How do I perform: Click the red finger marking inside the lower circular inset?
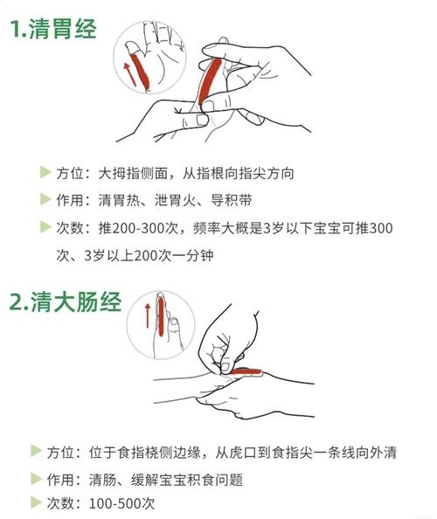coord(160,315)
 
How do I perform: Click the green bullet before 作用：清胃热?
coord(45,200)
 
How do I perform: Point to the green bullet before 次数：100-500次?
coord(36,503)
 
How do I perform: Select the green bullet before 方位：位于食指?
coord(36,451)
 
